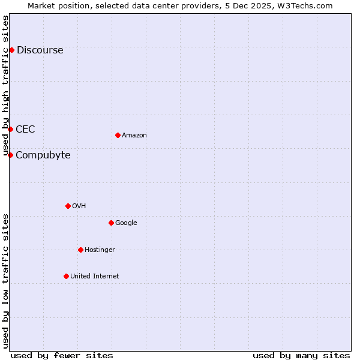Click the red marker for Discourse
11,50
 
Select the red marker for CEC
10,129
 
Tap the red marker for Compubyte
10,155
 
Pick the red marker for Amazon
118,135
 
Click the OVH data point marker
68,206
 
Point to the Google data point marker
111,223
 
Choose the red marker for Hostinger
80,250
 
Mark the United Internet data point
66,276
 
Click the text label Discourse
40,50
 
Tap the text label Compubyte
43,155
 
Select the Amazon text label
134,135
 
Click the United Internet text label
94,276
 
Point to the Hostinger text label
100,250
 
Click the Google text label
126,223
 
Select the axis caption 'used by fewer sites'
62,355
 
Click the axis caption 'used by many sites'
301,355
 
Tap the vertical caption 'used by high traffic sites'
5,86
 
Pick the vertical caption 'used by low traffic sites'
5,281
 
